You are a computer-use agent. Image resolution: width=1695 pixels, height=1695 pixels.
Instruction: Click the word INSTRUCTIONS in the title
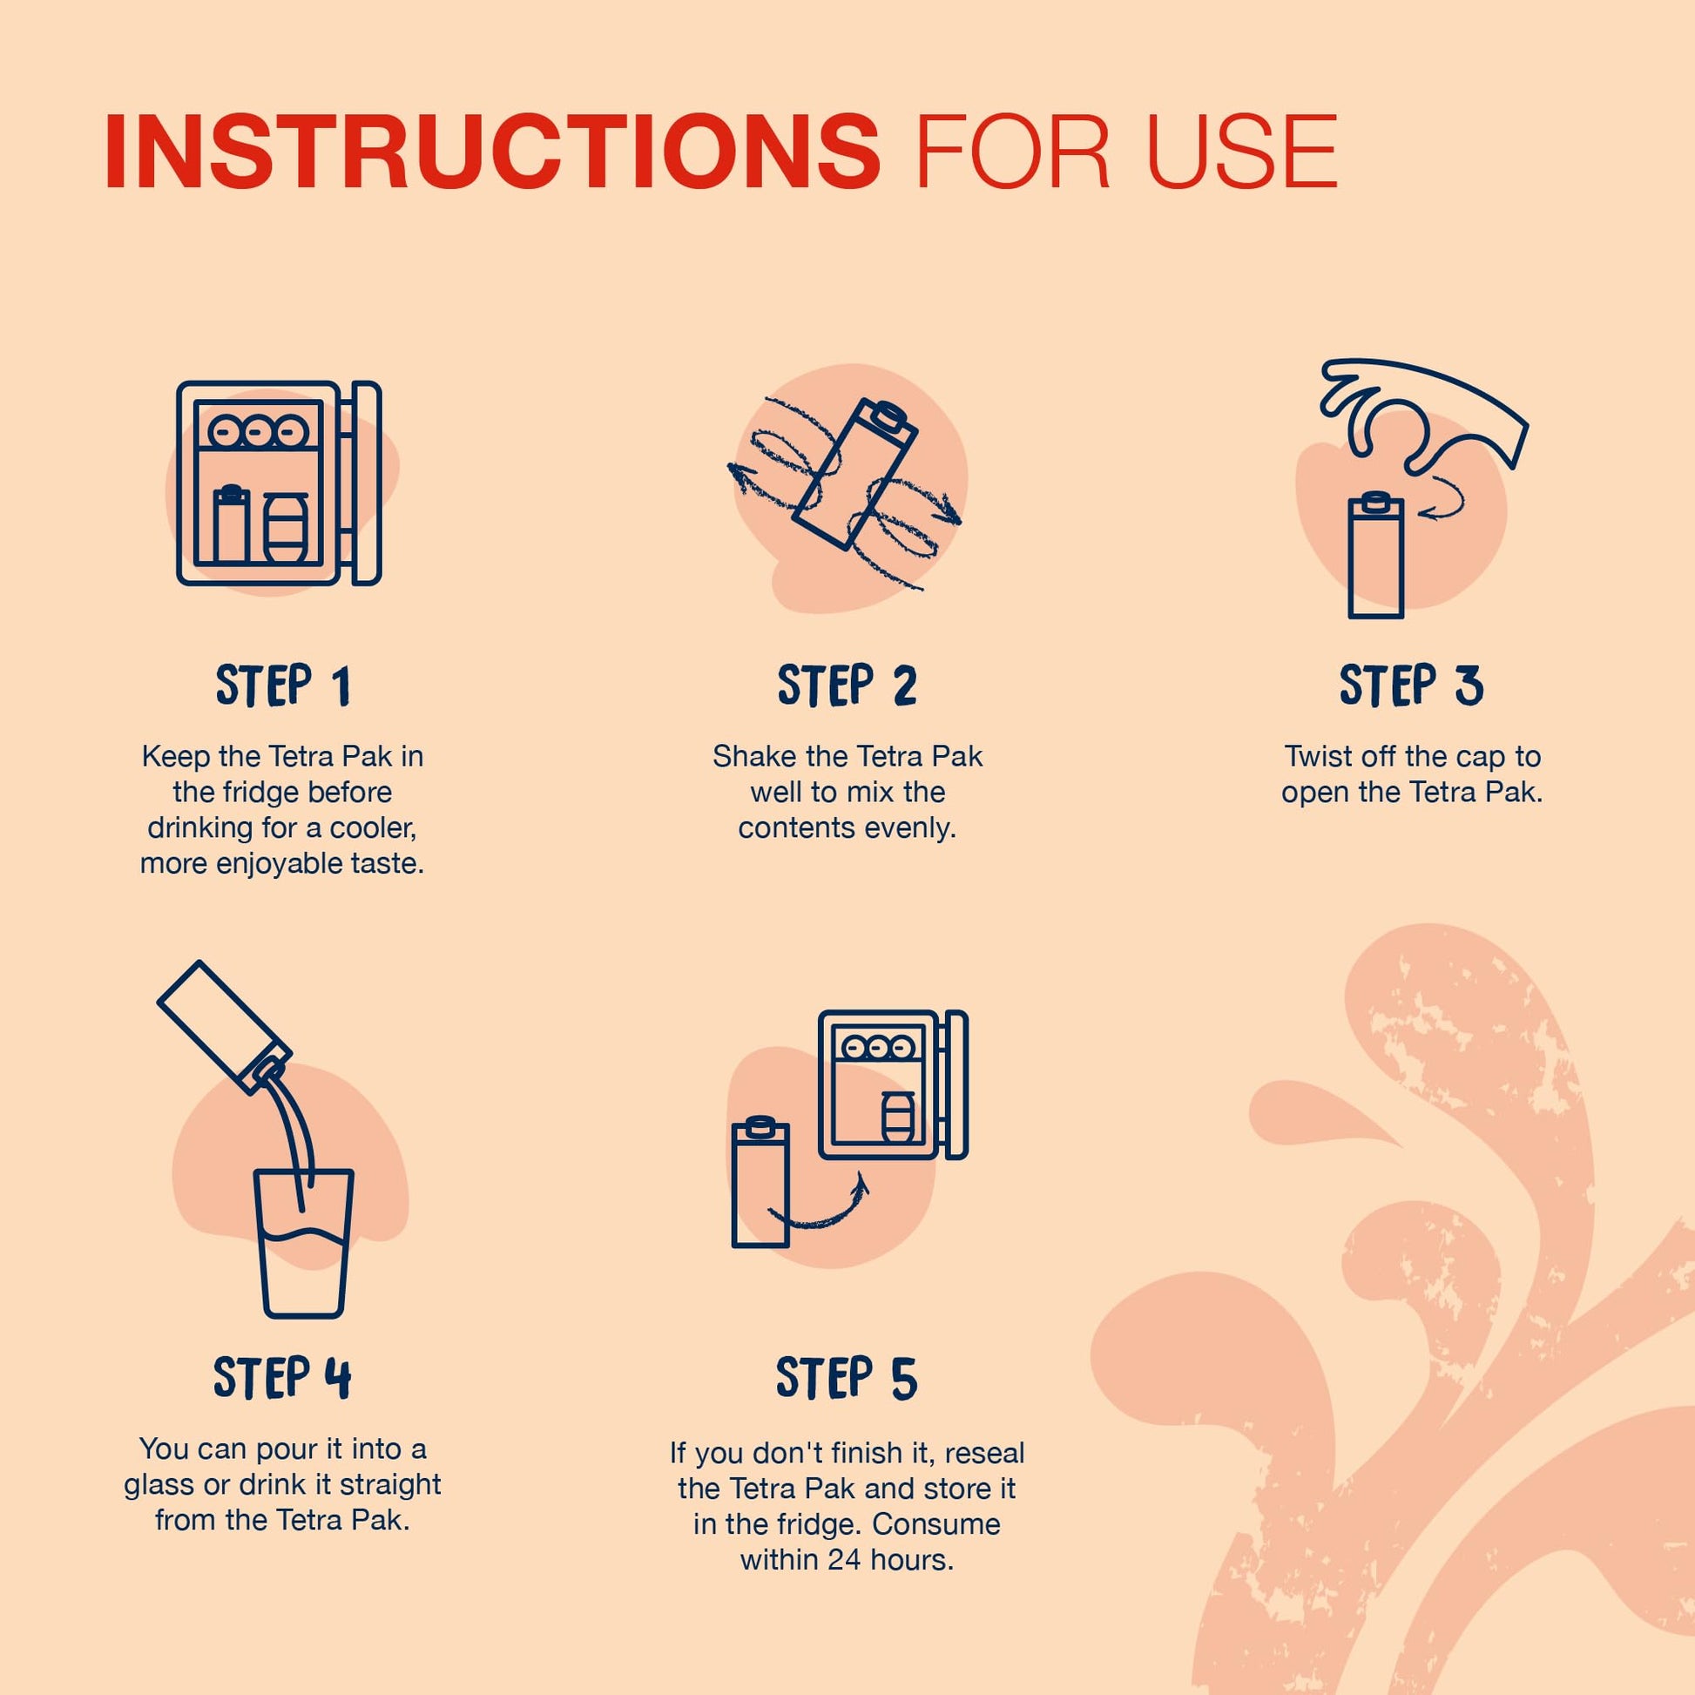click(x=492, y=150)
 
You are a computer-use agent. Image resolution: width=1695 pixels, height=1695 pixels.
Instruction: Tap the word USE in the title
click(x=1241, y=150)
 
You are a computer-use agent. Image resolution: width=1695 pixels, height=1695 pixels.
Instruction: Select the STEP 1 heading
click(x=282, y=685)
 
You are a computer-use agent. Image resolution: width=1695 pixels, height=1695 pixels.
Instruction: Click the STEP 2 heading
click(x=847, y=685)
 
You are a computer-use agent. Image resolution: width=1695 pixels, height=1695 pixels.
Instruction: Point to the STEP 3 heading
click(x=1412, y=685)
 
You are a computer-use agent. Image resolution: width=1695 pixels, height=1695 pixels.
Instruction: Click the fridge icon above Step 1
click(x=279, y=483)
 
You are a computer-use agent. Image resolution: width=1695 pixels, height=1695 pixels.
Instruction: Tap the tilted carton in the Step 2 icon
click(x=854, y=475)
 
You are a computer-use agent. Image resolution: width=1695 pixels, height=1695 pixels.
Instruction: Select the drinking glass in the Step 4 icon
click(x=304, y=1243)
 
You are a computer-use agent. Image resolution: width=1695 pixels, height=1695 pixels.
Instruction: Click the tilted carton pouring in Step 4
click(x=225, y=1026)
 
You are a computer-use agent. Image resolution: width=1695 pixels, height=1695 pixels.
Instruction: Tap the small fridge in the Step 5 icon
click(x=893, y=1085)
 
